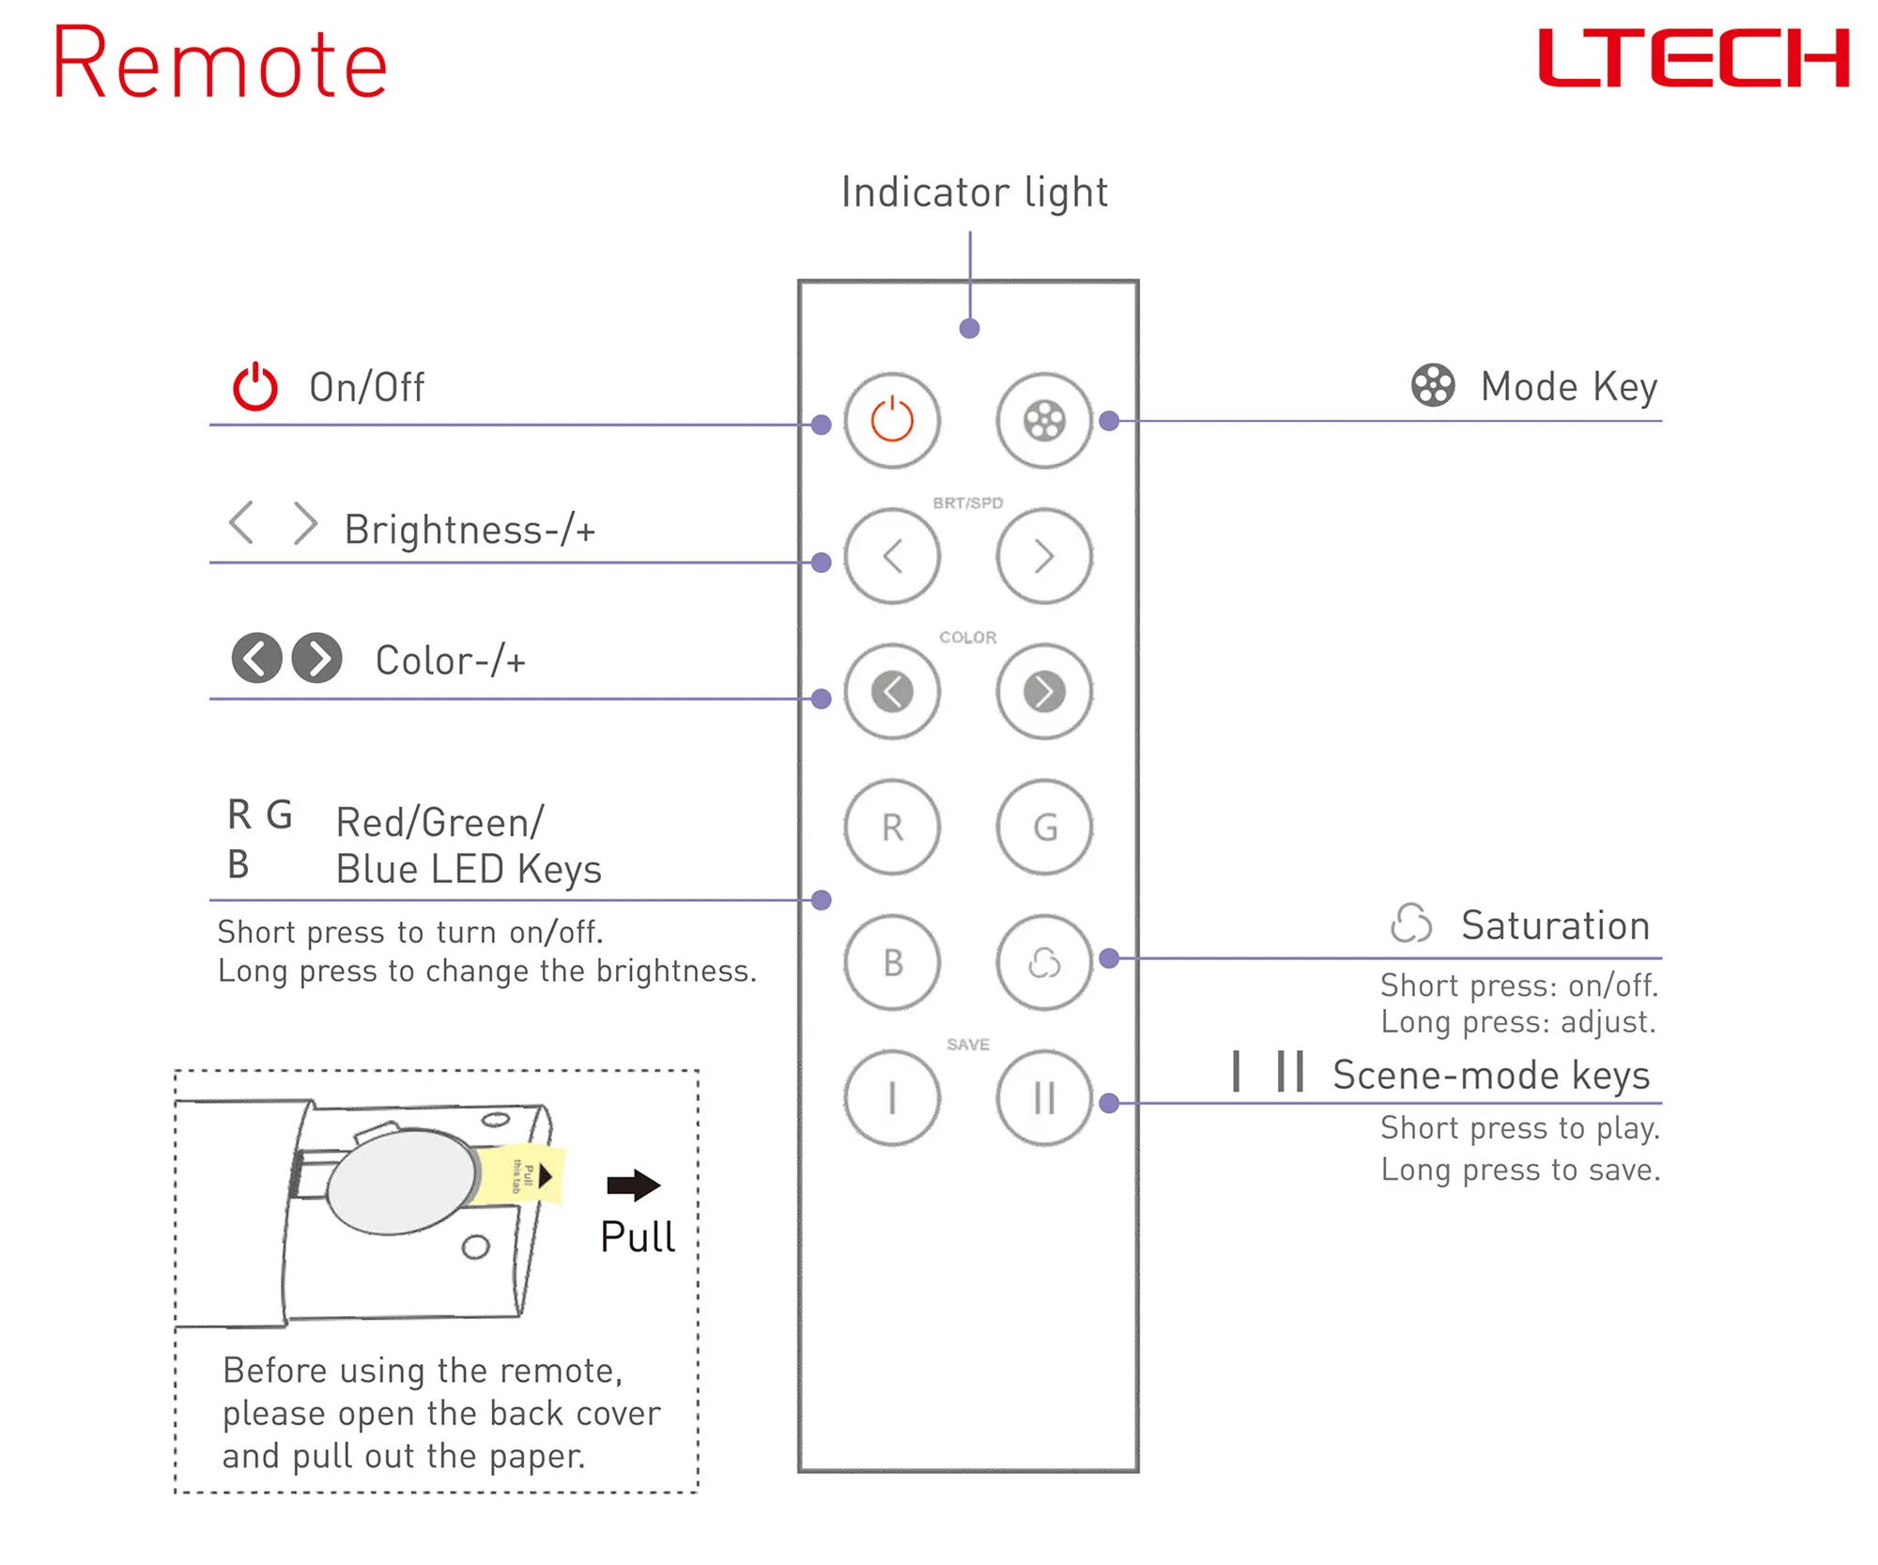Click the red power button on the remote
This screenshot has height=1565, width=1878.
coord(892,420)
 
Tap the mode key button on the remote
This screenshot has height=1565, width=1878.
coord(1044,420)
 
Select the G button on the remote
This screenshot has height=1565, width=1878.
coord(1044,827)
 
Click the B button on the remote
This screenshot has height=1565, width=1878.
coord(892,962)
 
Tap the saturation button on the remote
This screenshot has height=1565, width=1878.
coord(1044,962)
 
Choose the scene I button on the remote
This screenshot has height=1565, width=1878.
coord(892,1097)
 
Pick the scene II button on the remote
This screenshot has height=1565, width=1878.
coord(1044,1097)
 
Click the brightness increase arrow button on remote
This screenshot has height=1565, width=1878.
coord(1044,556)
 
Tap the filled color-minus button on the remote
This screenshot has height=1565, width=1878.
coord(892,691)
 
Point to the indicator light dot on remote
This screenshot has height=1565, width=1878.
coord(970,328)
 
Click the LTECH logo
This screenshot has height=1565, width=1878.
coord(1693,58)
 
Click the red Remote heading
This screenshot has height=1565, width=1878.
coord(220,64)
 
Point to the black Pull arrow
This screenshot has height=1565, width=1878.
coord(633,1185)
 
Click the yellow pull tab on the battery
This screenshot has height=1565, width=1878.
coord(522,1174)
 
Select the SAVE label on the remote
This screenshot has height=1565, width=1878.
coord(968,1045)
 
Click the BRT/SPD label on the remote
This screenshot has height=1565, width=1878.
coord(968,504)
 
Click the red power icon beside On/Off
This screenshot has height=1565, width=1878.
coord(255,387)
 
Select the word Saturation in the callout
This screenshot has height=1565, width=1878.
coord(1555,925)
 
